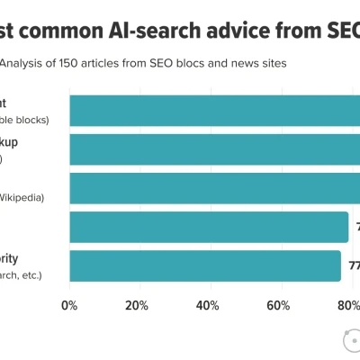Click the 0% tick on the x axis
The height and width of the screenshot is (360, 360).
click(69, 305)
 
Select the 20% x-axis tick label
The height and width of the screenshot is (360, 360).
click(137, 305)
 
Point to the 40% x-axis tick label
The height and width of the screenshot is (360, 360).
click(208, 305)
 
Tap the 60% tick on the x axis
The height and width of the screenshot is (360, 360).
click(278, 305)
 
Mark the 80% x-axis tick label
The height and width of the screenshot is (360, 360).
click(347, 305)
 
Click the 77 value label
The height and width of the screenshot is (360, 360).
click(354, 265)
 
